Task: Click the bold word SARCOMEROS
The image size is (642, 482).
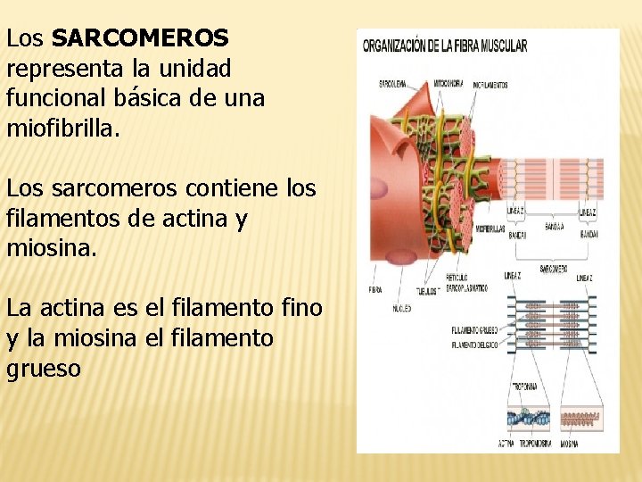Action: coord(140,38)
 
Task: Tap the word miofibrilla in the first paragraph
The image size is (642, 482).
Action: coord(61,129)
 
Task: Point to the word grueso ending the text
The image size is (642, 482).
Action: coord(44,369)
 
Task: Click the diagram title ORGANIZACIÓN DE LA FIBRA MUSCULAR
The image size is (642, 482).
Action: coord(445,46)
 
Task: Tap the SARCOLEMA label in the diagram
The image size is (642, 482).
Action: coord(392,84)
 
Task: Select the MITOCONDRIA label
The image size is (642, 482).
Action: coord(448,84)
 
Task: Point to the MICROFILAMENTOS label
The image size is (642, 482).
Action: coord(490,85)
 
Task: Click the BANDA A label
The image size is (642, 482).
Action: coord(554,228)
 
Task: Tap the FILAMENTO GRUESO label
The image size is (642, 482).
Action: coord(474,331)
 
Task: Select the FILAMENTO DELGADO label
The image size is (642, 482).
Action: coord(474,344)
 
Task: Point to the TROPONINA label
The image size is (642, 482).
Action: coord(523,386)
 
